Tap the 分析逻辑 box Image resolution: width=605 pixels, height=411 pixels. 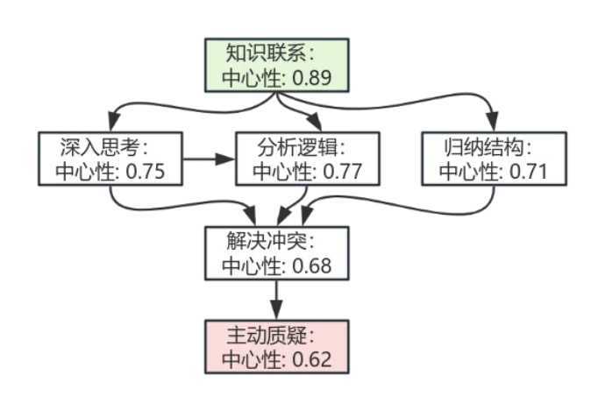click(307, 159)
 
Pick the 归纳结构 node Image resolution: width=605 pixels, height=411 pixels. click(492, 159)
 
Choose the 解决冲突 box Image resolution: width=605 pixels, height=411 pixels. click(276, 253)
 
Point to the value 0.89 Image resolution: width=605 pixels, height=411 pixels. click(311, 78)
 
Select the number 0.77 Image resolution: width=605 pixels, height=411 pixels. click(342, 172)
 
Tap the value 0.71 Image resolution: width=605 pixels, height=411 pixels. click(526, 172)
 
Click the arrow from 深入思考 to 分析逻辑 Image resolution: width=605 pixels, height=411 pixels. click(211, 159)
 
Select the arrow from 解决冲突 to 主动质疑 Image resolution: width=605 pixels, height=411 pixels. click(277, 301)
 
